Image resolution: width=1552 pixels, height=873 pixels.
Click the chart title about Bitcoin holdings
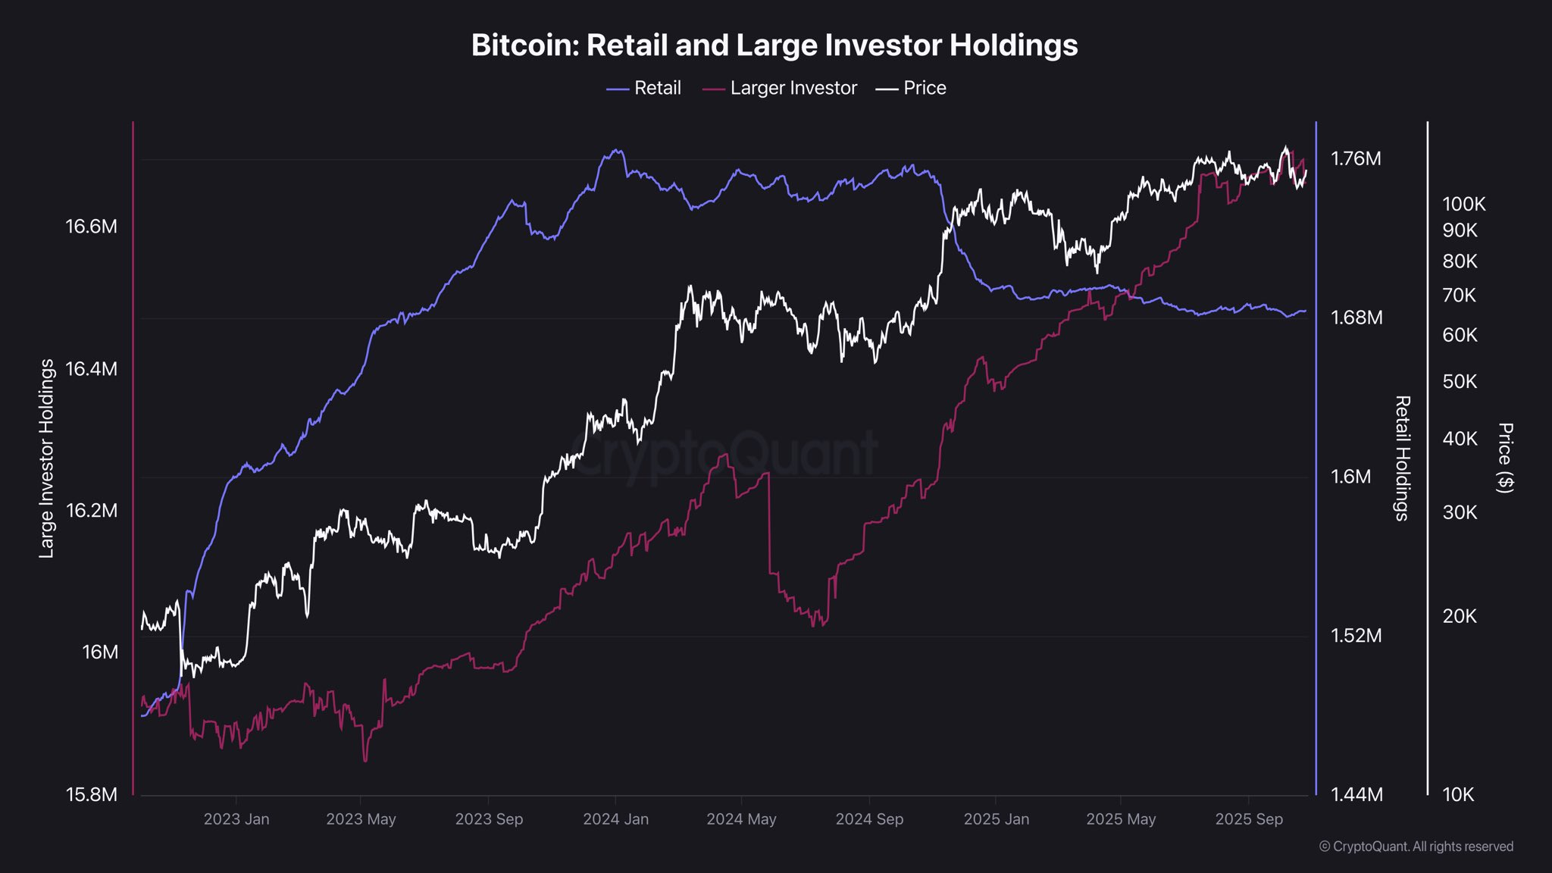(x=774, y=45)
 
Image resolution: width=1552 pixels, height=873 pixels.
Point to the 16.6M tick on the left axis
(x=92, y=227)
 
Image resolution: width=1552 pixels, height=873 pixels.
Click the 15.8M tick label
(x=92, y=794)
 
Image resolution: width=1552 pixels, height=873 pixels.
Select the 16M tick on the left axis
(x=100, y=652)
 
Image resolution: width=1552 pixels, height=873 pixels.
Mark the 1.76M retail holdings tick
(x=1356, y=159)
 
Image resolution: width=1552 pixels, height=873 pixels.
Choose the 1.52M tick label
(x=1356, y=636)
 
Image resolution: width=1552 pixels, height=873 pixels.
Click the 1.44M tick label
(x=1356, y=794)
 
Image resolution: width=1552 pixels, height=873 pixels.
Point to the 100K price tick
(x=1463, y=205)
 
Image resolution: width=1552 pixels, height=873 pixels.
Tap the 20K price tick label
(x=1460, y=617)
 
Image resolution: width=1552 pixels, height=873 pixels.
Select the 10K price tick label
(x=1458, y=794)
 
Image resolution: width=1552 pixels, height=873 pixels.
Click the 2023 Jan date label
(x=236, y=819)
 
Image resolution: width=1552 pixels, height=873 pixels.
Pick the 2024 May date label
(x=741, y=819)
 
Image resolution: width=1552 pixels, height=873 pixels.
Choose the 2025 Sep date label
(x=1249, y=819)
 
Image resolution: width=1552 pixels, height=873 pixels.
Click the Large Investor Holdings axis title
(x=47, y=458)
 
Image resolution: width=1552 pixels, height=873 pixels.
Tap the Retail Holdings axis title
(x=1403, y=458)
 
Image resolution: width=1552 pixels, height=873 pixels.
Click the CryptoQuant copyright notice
(x=1416, y=846)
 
